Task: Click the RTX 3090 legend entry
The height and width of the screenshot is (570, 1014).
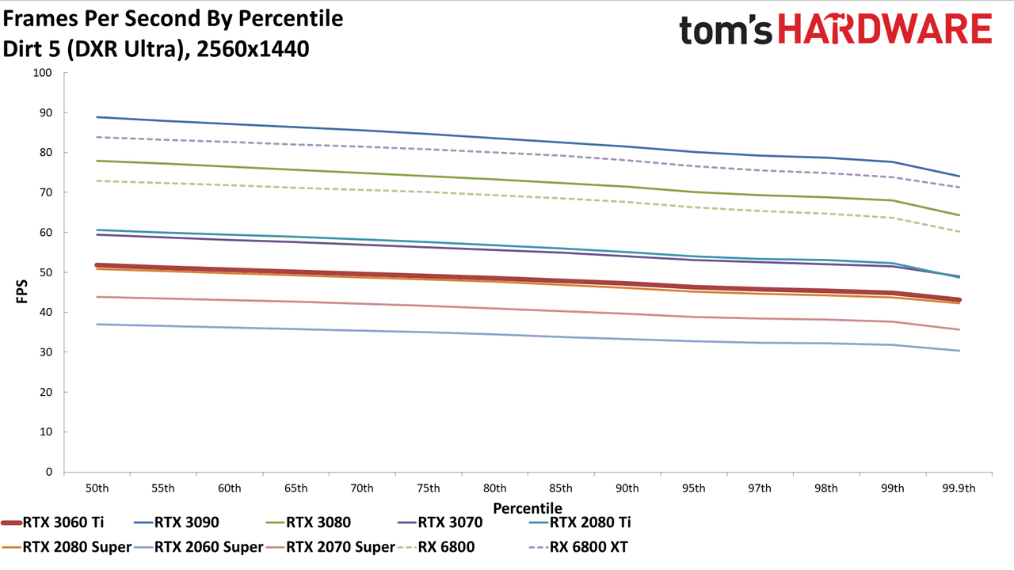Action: (x=177, y=522)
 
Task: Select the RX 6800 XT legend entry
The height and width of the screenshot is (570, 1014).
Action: (x=578, y=547)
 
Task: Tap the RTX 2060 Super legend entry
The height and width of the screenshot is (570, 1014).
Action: (x=199, y=547)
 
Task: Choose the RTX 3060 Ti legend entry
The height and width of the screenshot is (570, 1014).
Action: (x=52, y=522)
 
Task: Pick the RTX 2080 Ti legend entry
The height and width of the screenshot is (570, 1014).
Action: (x=580, y=522)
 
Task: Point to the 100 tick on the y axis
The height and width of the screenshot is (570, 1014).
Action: (x=43, y=73)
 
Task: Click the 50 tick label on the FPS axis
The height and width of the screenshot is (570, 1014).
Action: (x=46, y=272)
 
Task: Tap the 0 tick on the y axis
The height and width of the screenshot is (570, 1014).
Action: (x=49, y=472)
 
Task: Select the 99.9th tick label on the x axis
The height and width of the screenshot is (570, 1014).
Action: (x=959, y=488)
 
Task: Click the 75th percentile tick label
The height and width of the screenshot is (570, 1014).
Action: (x=429, y=488)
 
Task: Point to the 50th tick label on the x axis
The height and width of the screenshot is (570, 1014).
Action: (x=97, y=488)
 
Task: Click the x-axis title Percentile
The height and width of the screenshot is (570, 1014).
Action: (x=528, y=508)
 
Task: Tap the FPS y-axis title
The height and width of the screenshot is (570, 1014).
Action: (x=21, y=291)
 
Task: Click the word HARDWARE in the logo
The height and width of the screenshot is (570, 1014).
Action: (x=885, y=28)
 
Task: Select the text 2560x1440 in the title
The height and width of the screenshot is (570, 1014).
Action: (x=253, y=49)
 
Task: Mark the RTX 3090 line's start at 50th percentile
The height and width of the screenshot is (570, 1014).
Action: (x=97, y=117)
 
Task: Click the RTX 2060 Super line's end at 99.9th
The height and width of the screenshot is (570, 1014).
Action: (x=959, y=351)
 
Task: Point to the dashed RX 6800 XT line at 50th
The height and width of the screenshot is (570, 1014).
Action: (x=97, y=137)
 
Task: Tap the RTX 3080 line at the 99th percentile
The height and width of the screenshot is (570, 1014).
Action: (x=892, y=200)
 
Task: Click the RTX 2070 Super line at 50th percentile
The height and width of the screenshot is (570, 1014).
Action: (x=97, y=297)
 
